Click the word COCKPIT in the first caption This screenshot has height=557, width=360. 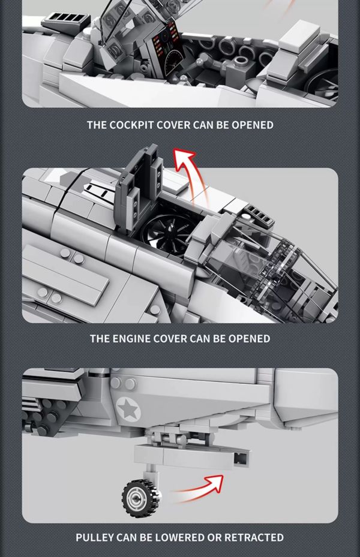(131, 125)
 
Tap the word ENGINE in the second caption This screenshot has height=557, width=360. (131, 338)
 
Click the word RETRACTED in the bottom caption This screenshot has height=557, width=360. (254, 537)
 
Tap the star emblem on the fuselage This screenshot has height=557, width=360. (128, 409)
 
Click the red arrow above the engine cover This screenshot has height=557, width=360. (188, 174)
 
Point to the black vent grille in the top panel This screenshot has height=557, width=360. (66, 19)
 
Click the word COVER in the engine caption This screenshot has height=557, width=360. (170, 338)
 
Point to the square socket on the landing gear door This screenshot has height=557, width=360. (240, 459)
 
